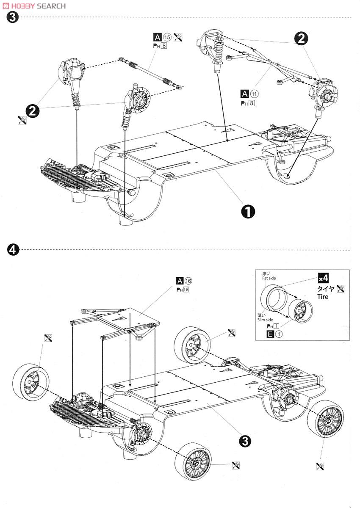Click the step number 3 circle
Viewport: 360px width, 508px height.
click(x=13, y=17)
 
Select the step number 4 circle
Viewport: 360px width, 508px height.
click(x=13, y=250)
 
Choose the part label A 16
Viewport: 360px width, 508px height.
click(x=184, y=281)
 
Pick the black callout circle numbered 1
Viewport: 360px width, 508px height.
click(x=248, y=211)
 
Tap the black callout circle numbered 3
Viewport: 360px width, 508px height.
click(x=245, y=441)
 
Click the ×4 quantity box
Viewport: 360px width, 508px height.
click(x=324, y=279)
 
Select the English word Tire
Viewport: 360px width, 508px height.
click(x=323, y=296)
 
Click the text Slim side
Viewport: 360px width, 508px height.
click(x=266, y=320)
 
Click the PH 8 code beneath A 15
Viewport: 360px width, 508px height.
click(x=160, y=45)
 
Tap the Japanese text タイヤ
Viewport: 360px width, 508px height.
click(x=326, y=288)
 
